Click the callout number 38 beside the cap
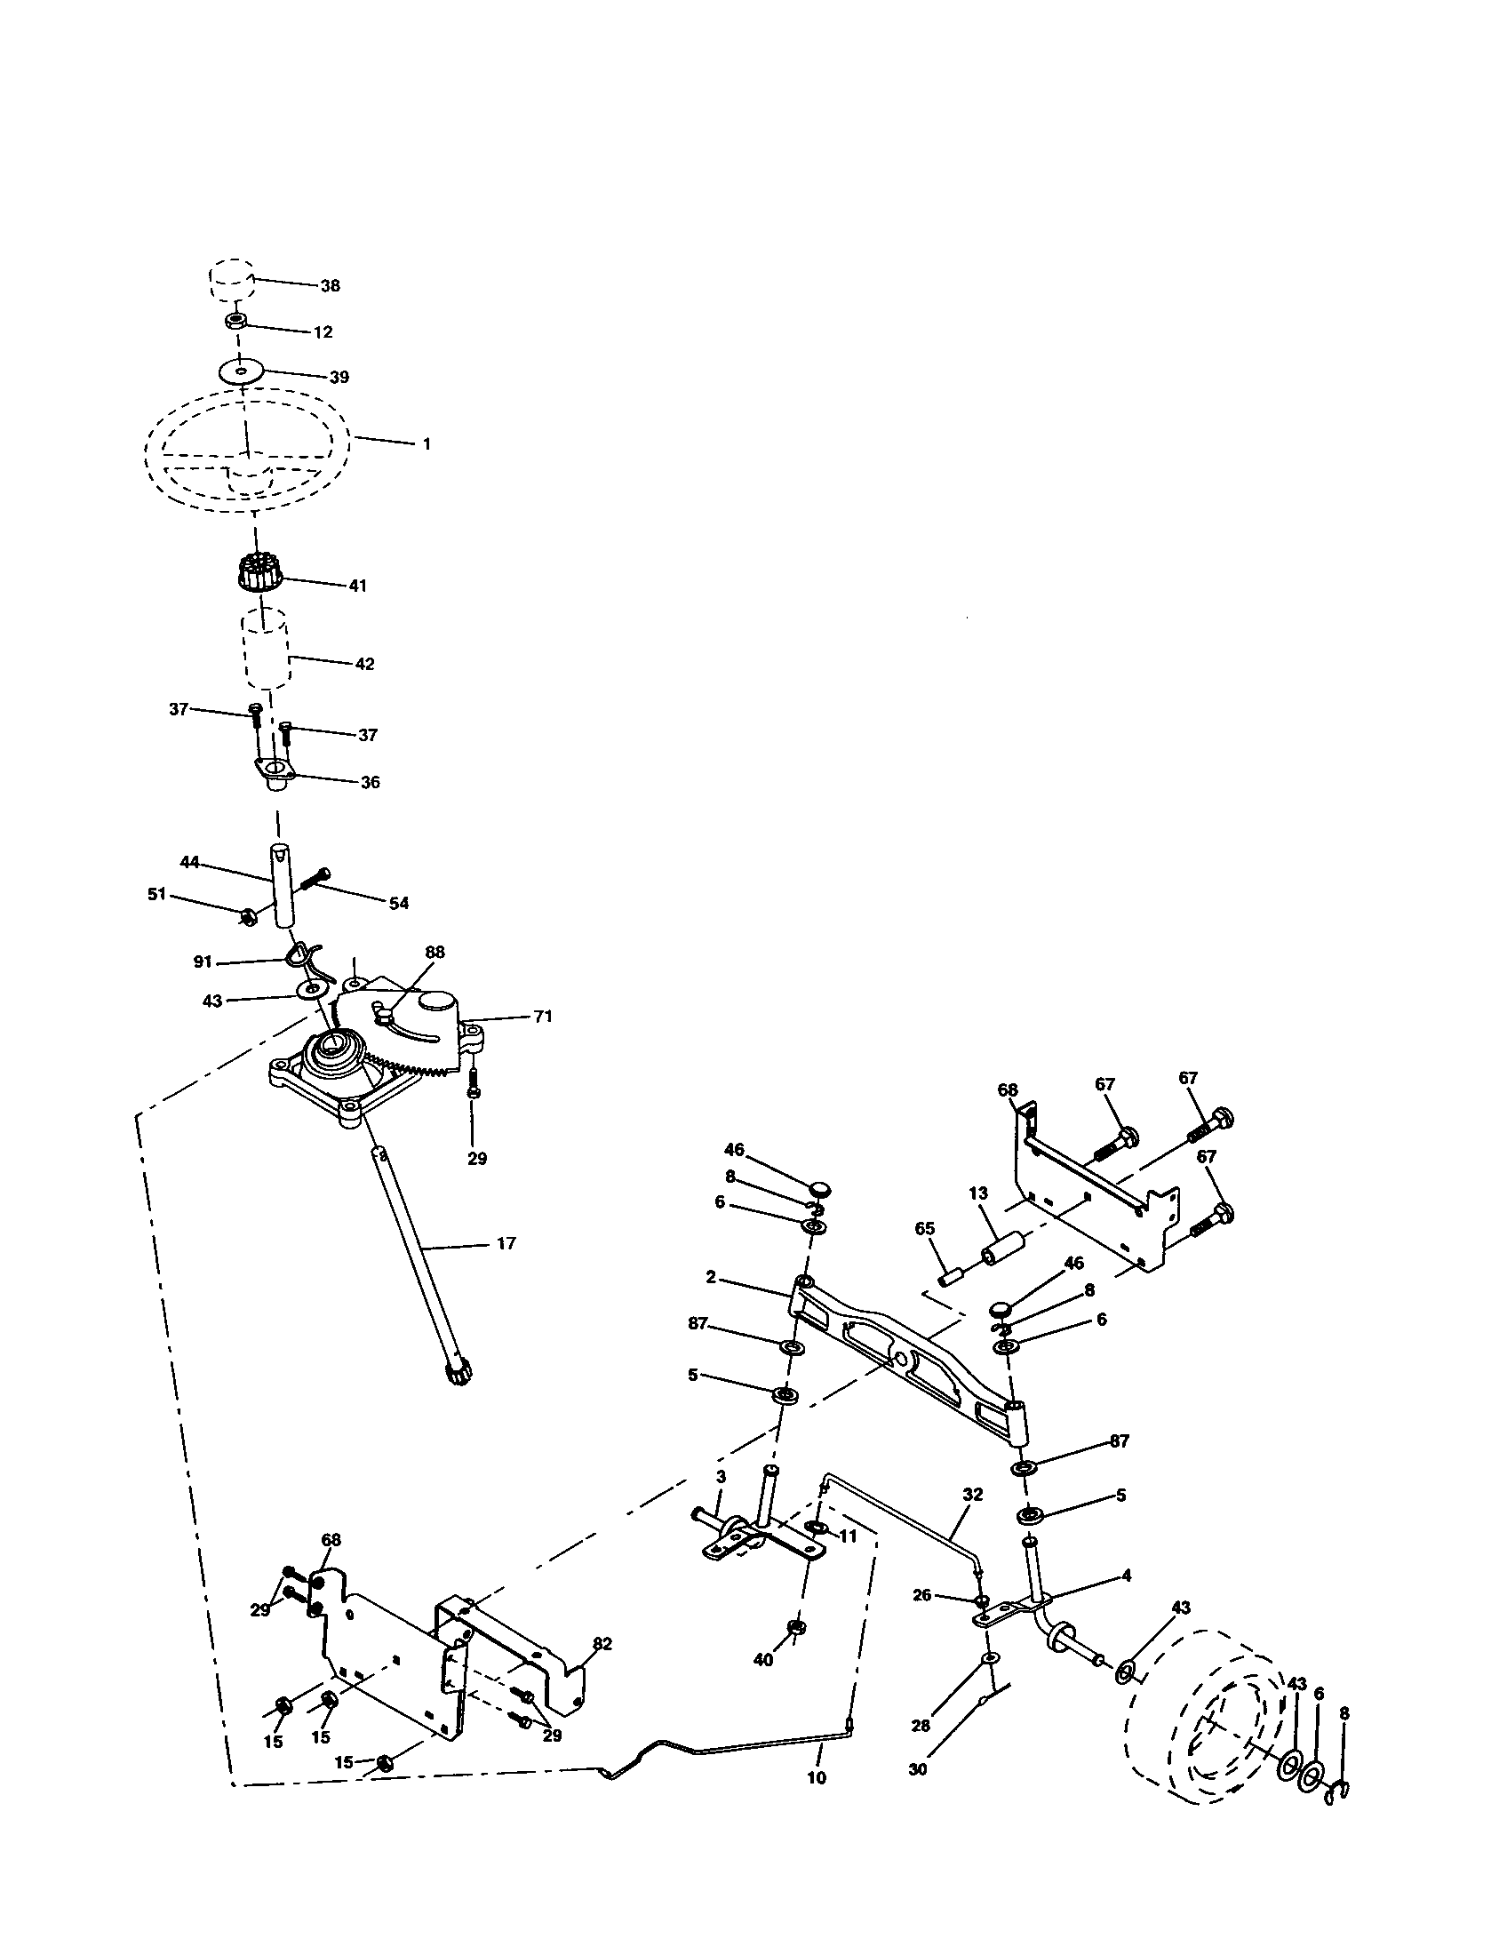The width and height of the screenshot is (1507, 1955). coord(331,286)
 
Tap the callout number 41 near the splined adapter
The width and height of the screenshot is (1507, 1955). coord(357,586)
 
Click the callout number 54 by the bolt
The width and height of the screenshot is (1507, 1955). coord(398,903)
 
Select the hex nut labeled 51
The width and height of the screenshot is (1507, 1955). coord(250,914)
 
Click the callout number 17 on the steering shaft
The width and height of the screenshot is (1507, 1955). coord(506,1243)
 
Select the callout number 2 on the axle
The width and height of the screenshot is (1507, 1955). coord(711,1277)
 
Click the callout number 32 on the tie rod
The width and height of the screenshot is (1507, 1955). coord(973,1495)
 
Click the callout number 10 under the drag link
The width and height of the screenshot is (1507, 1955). coord(816,1779)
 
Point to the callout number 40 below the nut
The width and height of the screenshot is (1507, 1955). coord(762,1660)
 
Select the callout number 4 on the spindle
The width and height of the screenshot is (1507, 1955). coord(1126,1576)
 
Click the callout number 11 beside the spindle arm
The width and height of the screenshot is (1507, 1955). coord(848,1536)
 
